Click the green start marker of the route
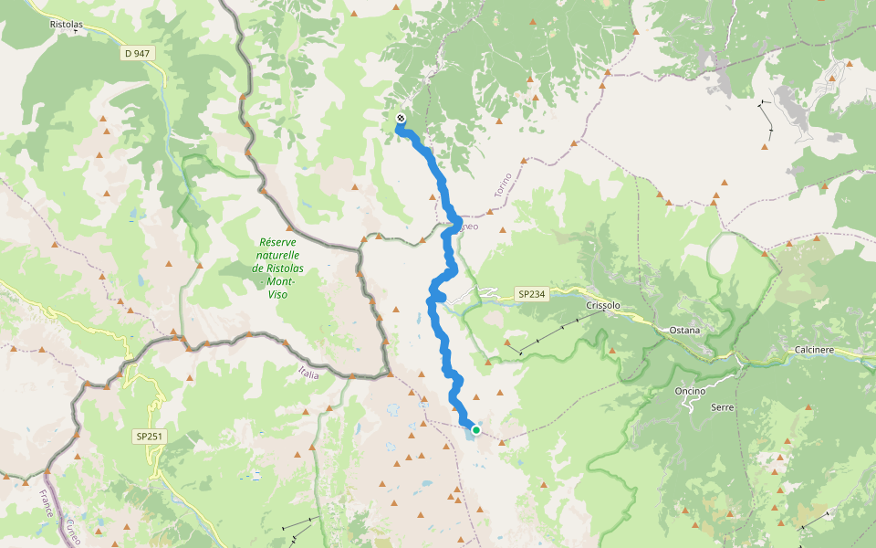475,429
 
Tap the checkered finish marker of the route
401,119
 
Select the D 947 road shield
137,54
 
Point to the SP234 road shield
530,294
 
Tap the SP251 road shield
149,437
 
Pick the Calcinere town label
815,350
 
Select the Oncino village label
691,391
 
